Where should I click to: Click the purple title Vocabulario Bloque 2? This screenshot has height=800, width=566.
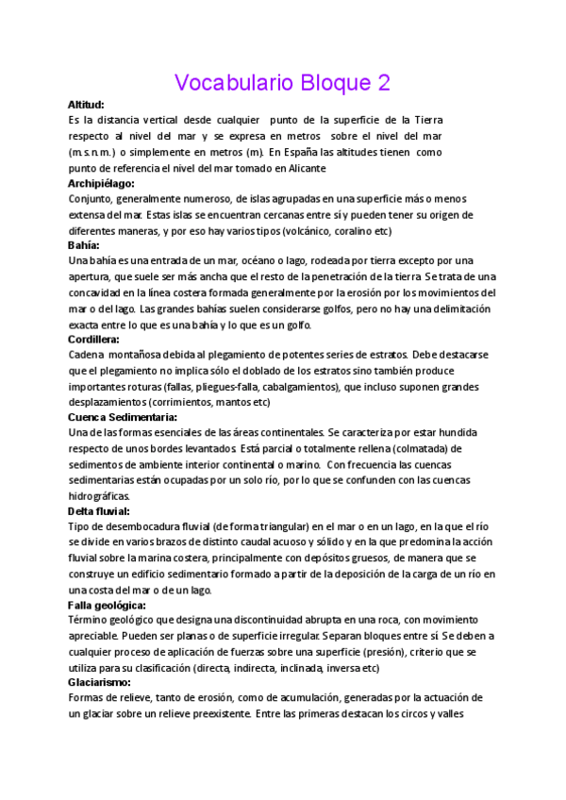[x=282, y=82]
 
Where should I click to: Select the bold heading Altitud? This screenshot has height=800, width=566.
[x=86, y=105]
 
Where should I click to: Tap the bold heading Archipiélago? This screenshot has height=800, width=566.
[x=102, y=183]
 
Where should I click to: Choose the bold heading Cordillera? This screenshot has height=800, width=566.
[x=93, y=339]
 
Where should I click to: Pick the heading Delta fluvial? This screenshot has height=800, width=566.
[x=99, y=510]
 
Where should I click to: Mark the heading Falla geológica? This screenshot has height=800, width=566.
[x=107, y=604]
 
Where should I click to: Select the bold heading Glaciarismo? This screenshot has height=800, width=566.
[x=99, y=682]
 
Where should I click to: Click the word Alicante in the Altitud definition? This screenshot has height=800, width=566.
[x=303, y=168]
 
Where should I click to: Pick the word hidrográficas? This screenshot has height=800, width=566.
[x=100, y=495]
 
